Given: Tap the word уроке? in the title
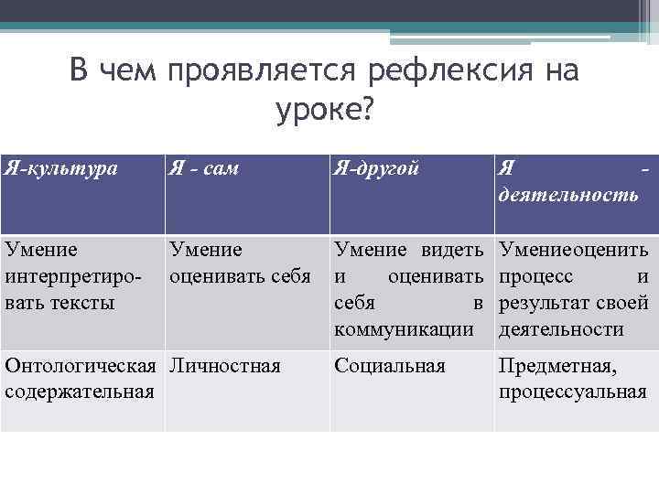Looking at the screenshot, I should [325, 110].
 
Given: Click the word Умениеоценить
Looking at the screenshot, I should [573, 249].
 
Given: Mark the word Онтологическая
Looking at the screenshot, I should [79, 366].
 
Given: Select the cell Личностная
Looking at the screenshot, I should [224, 366].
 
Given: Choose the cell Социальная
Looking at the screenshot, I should [390, 366].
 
